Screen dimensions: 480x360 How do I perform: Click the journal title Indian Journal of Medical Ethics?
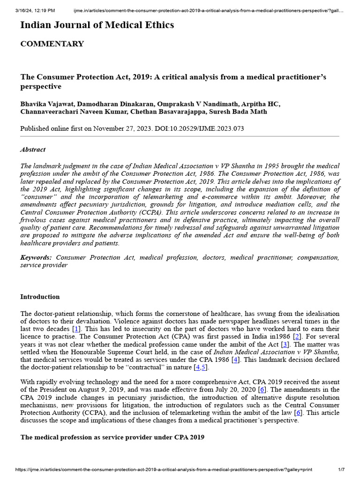tap(97, 25)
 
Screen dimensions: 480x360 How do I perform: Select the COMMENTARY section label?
tap(52, 44)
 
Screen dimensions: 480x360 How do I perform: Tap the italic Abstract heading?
tap(33, 150)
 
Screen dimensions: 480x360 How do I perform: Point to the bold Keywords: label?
tap(36, 257)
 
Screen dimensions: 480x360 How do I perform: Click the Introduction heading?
tap(40, 297)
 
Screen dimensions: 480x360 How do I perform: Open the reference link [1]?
tap(76, 330)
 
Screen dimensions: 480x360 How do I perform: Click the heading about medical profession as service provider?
tap(112, 437)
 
